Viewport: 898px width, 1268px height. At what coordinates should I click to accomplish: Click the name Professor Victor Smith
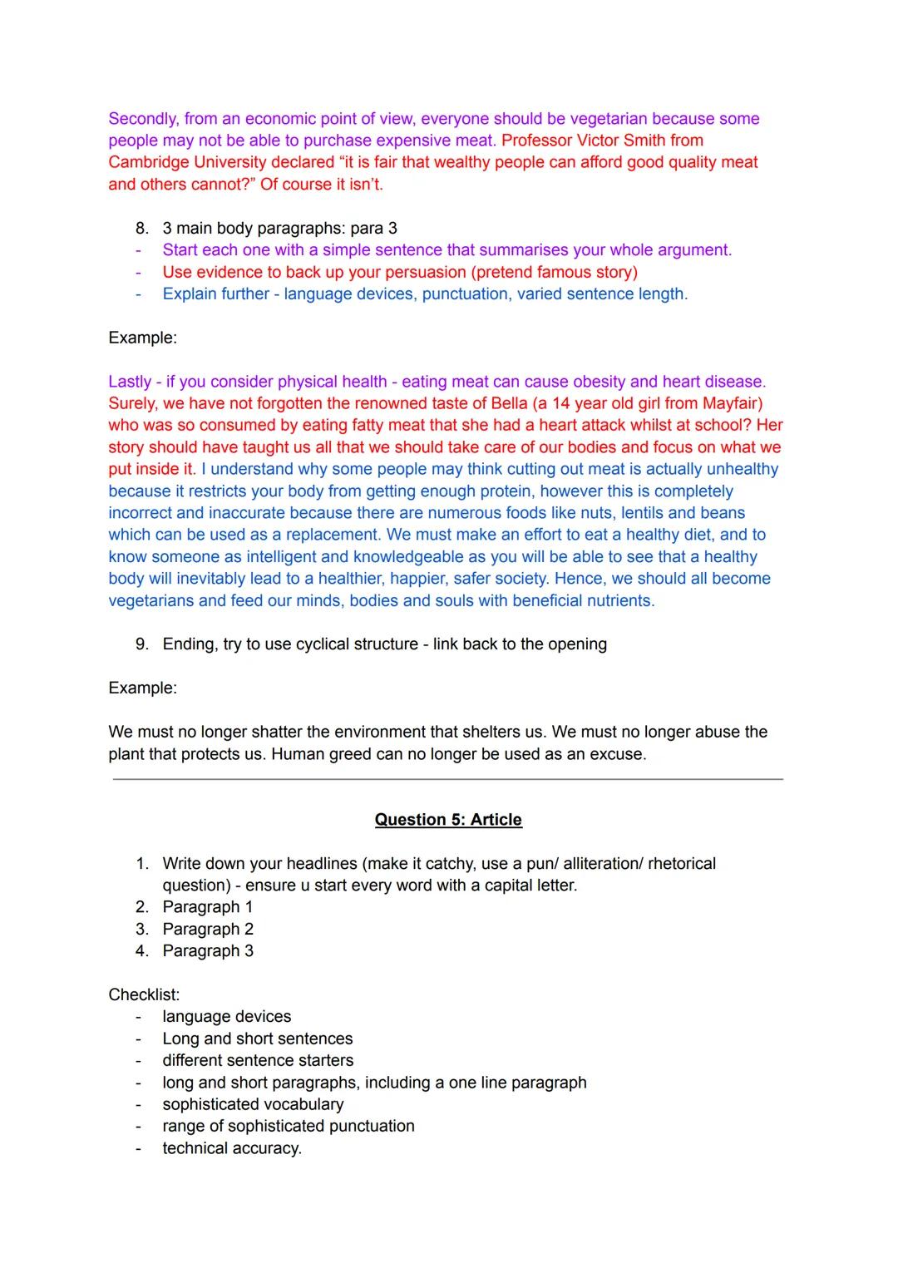pos(602,141)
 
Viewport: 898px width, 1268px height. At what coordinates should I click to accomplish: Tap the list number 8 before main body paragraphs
pos(142,228)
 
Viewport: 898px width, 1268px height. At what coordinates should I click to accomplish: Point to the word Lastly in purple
pos(130,382)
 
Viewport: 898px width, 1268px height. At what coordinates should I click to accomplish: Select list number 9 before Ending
pos(142,644)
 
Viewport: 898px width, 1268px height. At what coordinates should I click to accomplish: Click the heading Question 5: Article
pos(448,820)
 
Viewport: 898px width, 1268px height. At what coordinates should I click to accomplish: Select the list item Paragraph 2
pos(208,930)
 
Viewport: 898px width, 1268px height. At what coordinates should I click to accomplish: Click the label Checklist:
pos(144,995)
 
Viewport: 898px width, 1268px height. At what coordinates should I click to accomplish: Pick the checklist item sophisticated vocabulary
pos(253,1104)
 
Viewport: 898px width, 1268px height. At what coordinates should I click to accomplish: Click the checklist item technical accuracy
pos(232,1148)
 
